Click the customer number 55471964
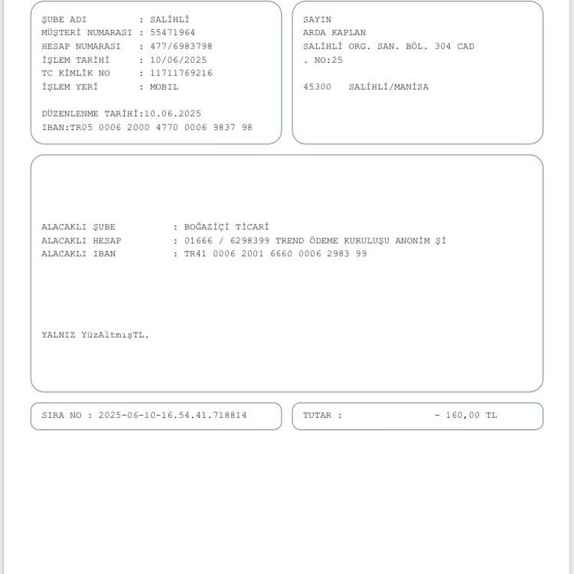(173, 33)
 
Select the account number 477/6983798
(181, 46)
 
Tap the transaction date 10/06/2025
(178, 60)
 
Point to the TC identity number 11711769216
(181, 73)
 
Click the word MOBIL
(164, 87)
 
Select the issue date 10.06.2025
(173, 114)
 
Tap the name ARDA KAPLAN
(334, 33)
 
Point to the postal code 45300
(317, 87)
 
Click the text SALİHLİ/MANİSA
(389, 87)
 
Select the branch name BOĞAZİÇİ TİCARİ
(226, 227)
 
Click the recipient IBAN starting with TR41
(275, 254)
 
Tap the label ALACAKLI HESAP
(81, 241)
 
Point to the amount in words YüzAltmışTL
(115, 335)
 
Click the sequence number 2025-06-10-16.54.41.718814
(173, 416)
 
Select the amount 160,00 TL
(471, 416)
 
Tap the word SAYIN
(317, 19)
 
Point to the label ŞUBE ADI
(64, 19)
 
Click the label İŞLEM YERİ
(70, 87)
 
